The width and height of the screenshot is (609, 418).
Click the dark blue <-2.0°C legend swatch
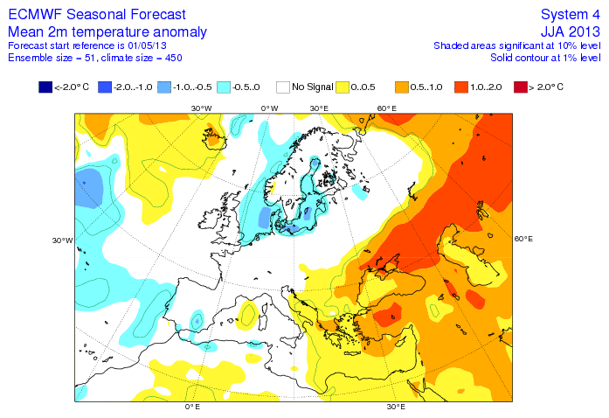click(45, 87)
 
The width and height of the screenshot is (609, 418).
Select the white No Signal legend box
click(283, 87)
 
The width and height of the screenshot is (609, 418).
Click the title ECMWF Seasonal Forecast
click(96, 15)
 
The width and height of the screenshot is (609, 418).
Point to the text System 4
click(571, 15)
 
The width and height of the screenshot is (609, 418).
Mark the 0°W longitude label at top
click(269, 108)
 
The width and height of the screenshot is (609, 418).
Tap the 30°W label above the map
click(201, 108)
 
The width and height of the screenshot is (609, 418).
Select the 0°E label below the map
click(192, 407)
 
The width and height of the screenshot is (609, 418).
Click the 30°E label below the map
click(396, 407)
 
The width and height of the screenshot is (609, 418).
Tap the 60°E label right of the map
click(523, 238)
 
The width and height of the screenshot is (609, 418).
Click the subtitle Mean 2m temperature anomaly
click(107, 31)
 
